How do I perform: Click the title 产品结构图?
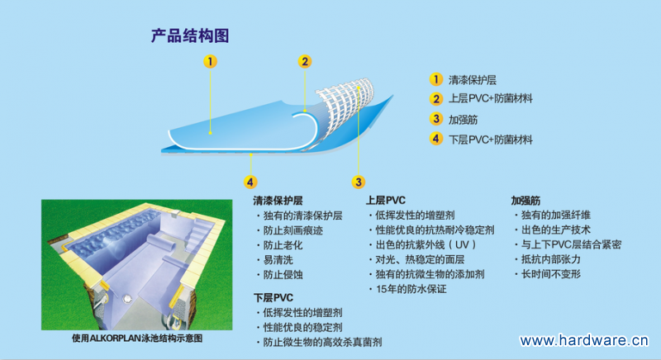189,36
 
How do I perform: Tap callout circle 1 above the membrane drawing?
212,61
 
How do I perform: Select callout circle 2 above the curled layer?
305,61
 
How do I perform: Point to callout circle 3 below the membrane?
358,181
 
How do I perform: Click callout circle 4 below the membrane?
250,181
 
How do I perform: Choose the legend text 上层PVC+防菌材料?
490,100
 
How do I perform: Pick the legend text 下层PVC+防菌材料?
490,139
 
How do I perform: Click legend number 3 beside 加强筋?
435,119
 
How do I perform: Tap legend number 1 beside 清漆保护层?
435,80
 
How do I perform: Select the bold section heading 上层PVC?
387,201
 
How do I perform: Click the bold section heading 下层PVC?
273,296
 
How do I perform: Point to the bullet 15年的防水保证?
411,290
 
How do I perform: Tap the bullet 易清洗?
280,260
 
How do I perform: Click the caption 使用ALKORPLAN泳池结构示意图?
137,339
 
